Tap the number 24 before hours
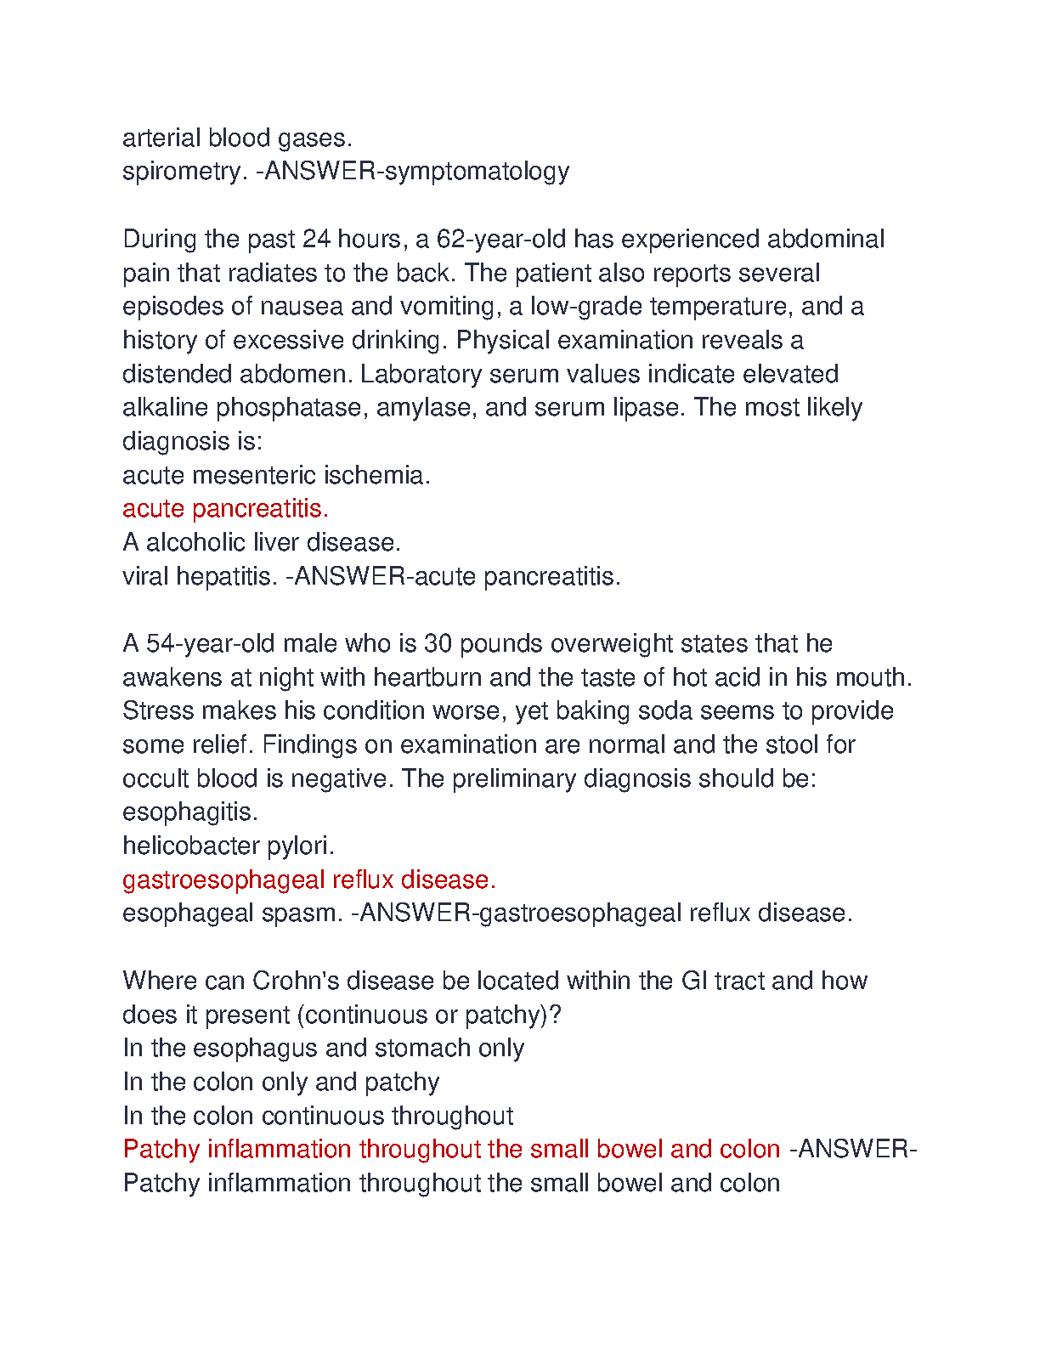[316, 240]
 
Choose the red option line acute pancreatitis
[225, 509]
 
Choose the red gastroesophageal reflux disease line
[308, 879]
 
